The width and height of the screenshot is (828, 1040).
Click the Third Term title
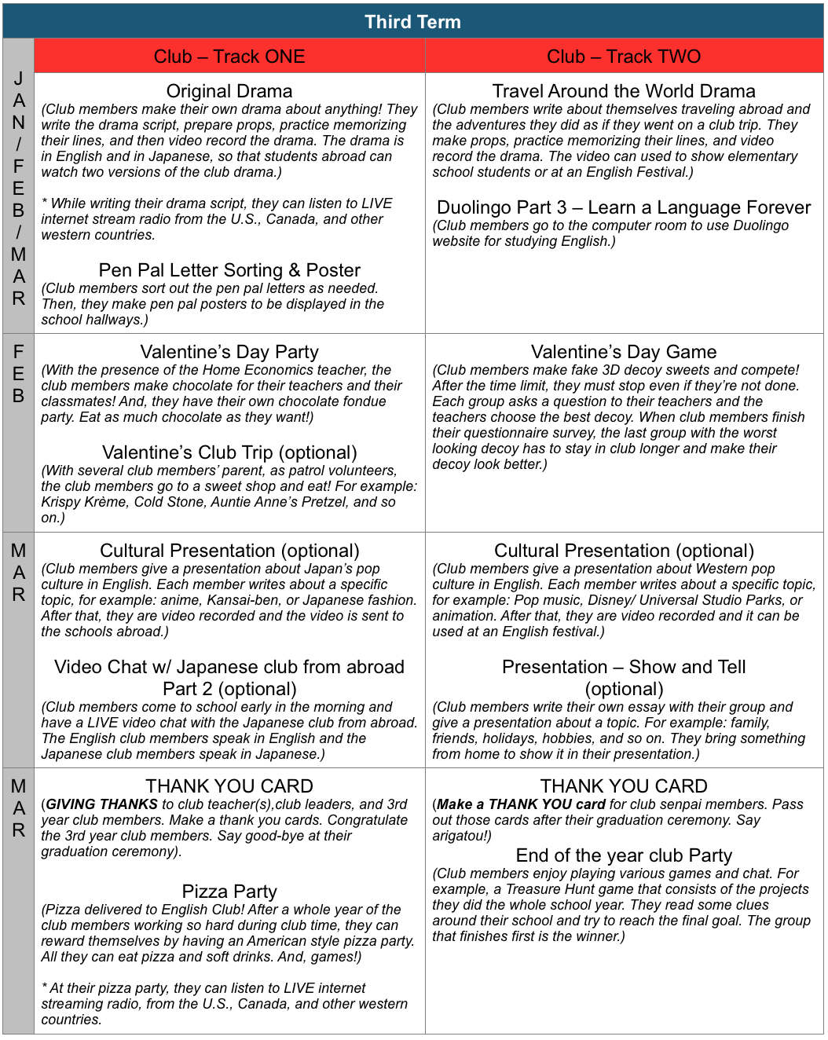point(412,22)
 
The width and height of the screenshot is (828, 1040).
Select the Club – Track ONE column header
point(229,57)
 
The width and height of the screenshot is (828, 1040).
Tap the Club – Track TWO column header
point(624,57)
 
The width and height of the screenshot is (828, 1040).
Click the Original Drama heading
point(229,91)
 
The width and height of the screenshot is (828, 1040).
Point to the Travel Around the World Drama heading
point(624,91)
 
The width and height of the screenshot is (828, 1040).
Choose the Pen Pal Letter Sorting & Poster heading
point(229,270)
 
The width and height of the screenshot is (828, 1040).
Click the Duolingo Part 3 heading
point(624,207)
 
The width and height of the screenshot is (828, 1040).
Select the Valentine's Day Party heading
point(229,352)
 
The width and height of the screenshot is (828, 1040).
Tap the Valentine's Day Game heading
point(624,352)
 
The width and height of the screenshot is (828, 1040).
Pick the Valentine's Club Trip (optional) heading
point(229,452)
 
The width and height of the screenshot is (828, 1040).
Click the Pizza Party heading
point(229,892)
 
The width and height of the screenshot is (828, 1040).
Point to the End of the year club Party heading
point(624,855)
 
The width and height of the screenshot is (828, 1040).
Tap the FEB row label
point(18,374)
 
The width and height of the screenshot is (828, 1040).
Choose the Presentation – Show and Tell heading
point(624,667)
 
